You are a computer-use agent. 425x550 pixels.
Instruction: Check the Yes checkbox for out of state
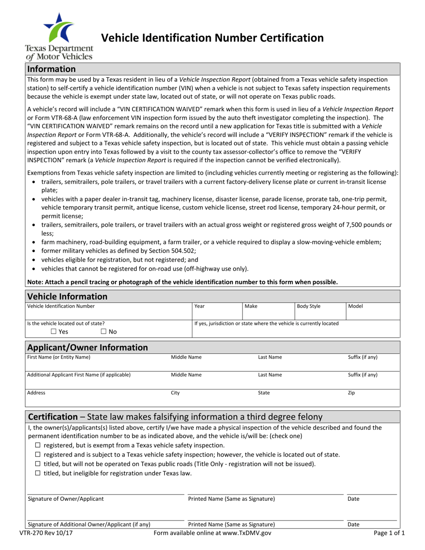click(54, 331)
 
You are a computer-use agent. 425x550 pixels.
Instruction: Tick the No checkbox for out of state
click(104, 331)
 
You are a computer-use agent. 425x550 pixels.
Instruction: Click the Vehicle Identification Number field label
click(61, 306)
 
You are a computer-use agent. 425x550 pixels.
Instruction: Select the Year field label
click(200, 306)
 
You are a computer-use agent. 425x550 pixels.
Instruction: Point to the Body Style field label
click(309, 306)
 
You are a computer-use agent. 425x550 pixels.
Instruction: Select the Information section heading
click(51, 69)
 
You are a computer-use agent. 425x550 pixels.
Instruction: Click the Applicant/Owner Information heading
click(88, 347)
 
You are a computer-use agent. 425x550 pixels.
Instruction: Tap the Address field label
click(36, 393)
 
